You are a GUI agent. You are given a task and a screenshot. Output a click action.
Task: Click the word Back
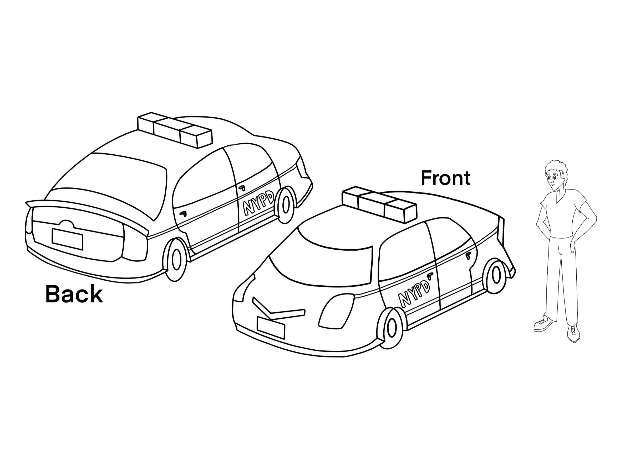click(x=74, y=294)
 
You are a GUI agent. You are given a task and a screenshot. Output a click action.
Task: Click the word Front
click(x=445, y=178)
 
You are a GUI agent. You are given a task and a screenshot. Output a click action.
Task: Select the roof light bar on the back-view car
click(x=174, y=130)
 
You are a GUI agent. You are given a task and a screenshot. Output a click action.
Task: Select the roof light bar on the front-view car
click(x=379, y=204)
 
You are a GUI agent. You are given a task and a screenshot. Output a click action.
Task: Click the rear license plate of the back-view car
click(x=68, y=239)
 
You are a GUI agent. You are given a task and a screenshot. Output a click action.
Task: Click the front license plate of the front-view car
click(x=271, y=328)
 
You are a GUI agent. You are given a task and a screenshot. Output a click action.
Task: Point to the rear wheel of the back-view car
click(x=176, y=260)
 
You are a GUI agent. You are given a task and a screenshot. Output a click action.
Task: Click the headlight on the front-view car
click(x=337, y=311)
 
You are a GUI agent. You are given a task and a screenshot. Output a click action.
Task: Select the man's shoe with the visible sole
click(x=543, y=324)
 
